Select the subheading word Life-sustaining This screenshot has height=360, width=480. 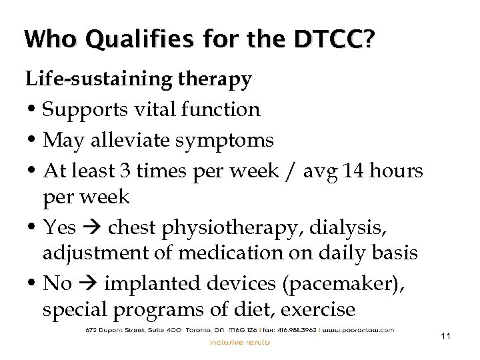point(99,79)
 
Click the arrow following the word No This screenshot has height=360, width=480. point(89,284)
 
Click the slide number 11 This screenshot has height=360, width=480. point(446,337)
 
